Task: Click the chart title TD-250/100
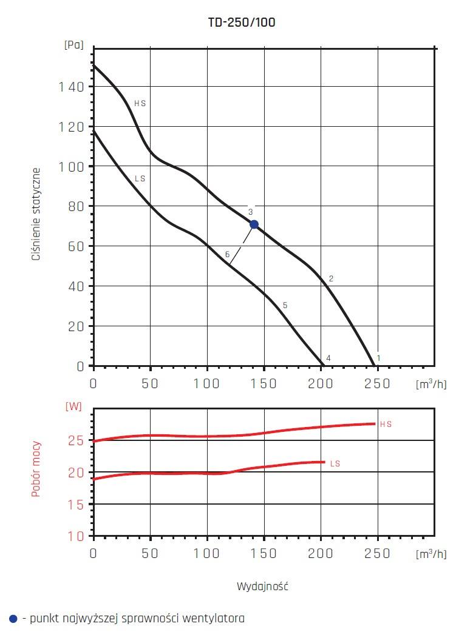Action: click(242, 22)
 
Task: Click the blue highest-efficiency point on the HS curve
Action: click(254, 224)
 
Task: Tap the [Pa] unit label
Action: click(73, 45)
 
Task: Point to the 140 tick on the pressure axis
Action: click(72, 87)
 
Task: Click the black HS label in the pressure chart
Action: click(140, 104)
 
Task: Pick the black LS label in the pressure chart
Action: click(140, 179)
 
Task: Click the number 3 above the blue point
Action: click(250, 212)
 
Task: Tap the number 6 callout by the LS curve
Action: click(227, 255)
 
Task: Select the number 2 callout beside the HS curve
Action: click(331, 278)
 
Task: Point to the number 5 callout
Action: click(285, 305)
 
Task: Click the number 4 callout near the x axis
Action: click(328, 358)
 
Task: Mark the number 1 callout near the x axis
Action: click(378, 358)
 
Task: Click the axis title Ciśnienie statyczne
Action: click(37, 214)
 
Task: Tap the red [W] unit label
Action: click(73, 406)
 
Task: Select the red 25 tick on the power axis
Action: click(76, 440)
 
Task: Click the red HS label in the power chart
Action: click(386, 425)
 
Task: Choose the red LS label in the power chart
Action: click(335, 463)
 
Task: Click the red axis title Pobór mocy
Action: click(36, 469)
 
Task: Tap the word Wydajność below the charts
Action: click(262, 587)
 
